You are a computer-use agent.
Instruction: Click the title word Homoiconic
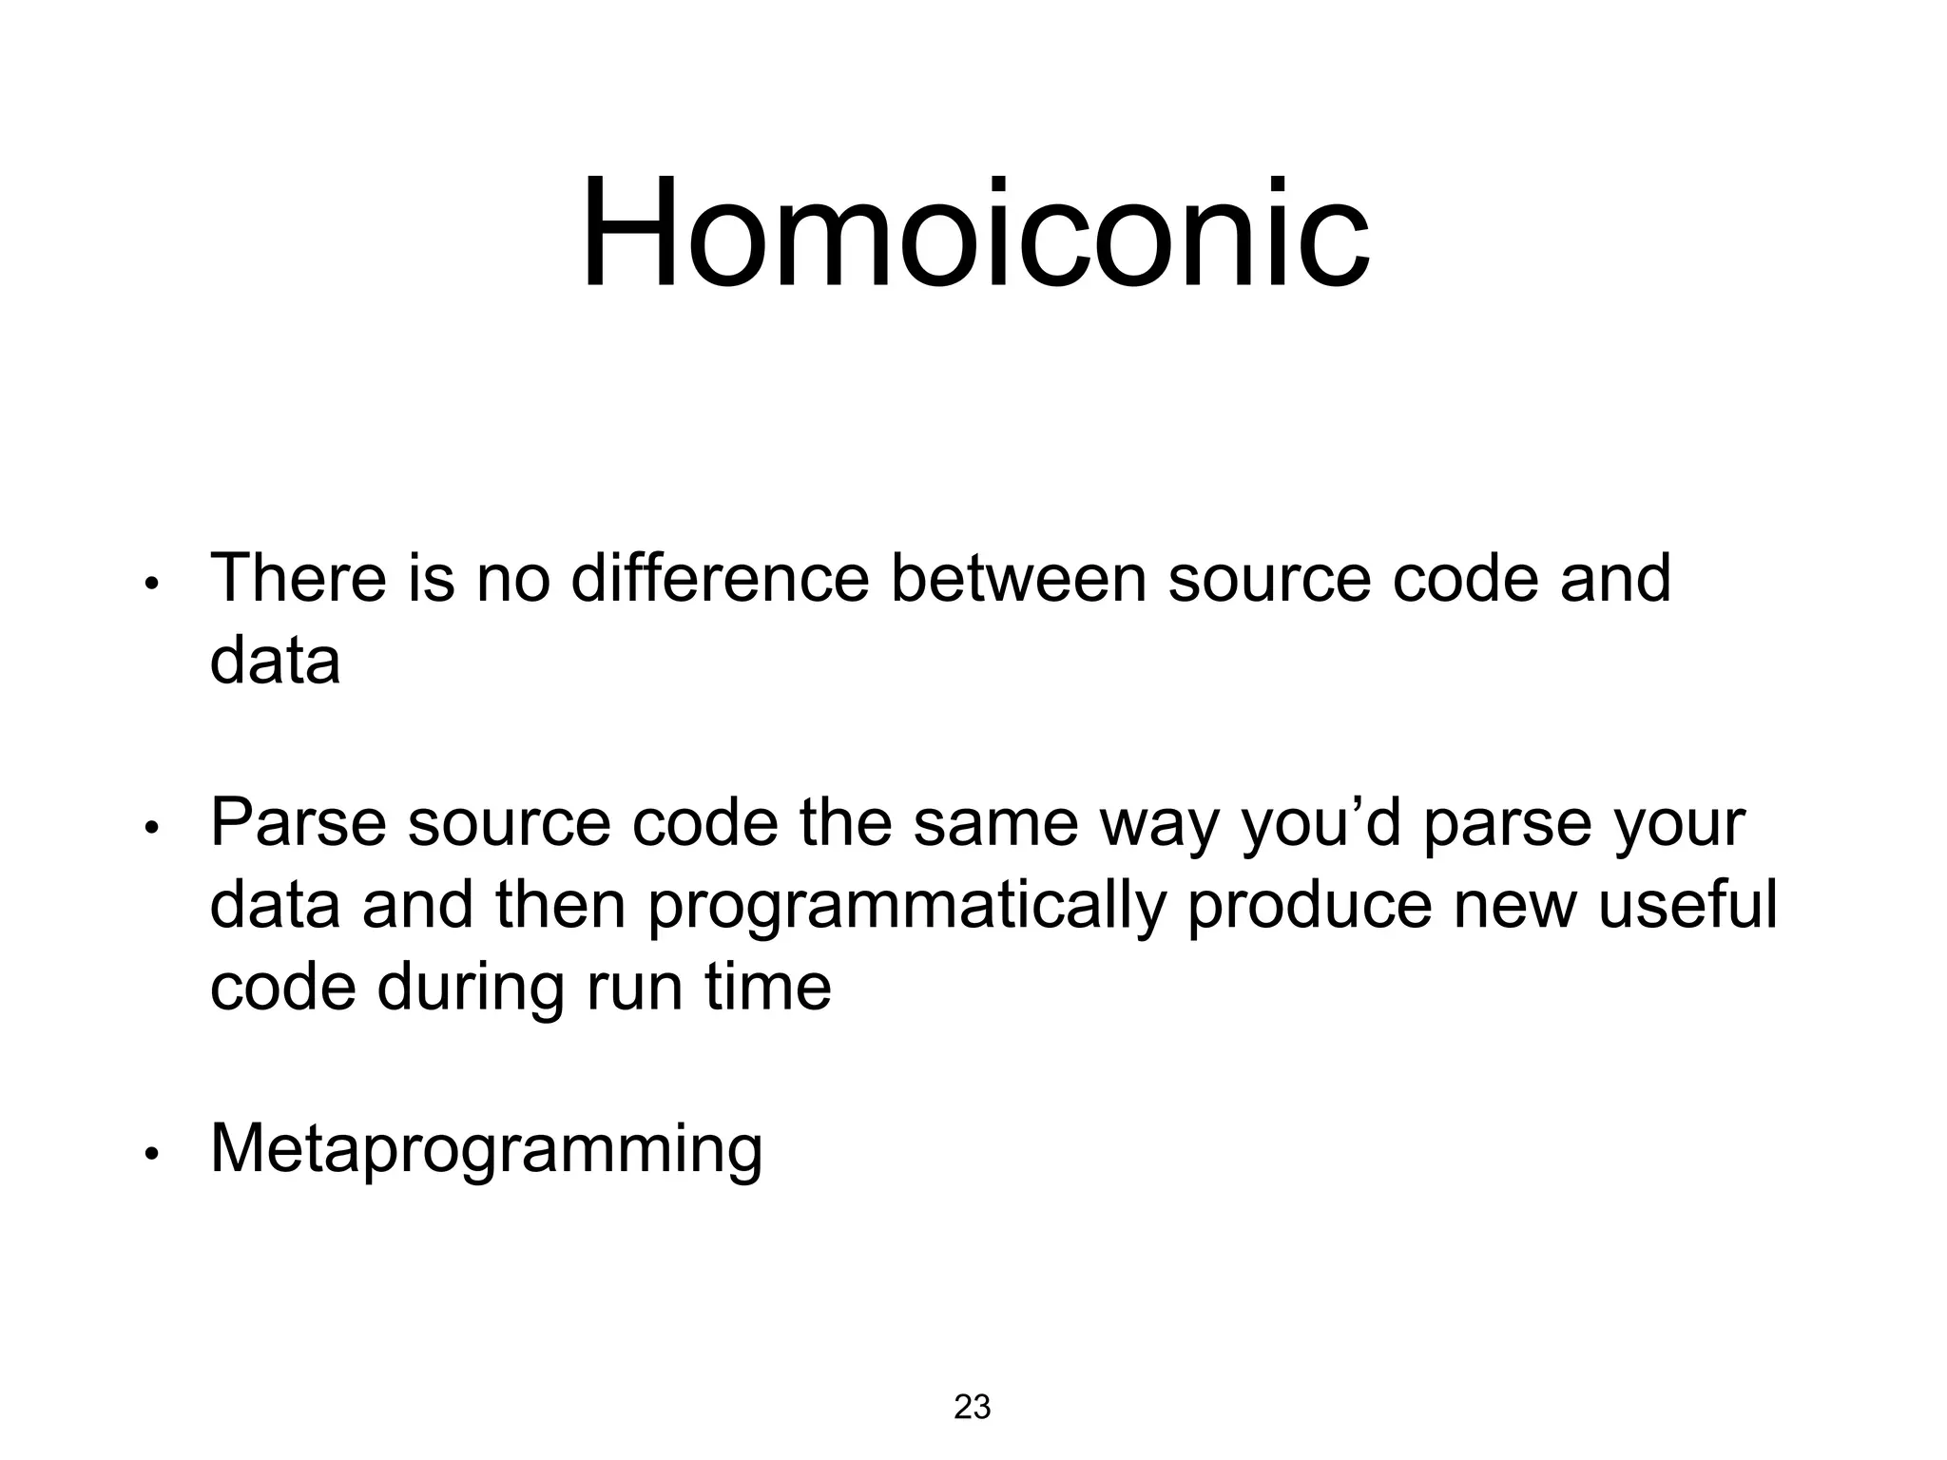pyautogui.click(x=974, y=234)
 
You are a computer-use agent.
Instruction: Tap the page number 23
pyautogui.click(x=972, y=1407)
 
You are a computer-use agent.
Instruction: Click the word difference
pyautogui.click(x=720, y=578)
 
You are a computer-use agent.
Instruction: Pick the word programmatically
pyautogui.click(x=907, y=907)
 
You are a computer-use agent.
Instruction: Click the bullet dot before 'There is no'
pyautogui.click(x=150, y=585)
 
